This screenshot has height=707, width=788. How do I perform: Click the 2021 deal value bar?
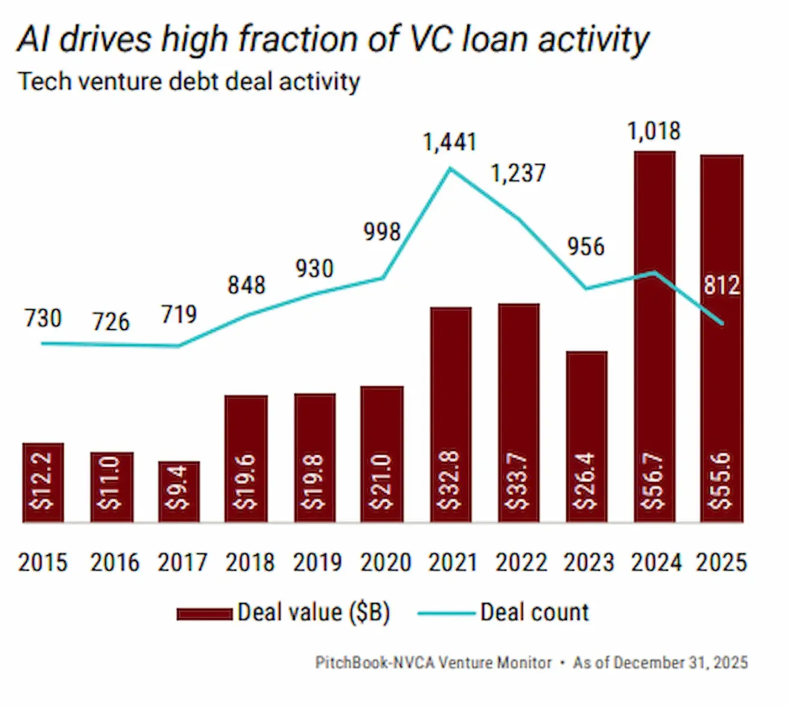(450, 414)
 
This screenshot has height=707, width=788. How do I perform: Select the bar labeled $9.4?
(179, 491)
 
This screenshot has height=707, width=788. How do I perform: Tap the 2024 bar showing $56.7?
(655, 336)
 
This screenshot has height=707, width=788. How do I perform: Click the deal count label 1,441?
(449, 142)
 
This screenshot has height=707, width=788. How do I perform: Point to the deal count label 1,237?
(518, 174)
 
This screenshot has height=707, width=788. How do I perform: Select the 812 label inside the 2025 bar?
(721, 285)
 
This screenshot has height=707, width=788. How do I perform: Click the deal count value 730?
(43, 318)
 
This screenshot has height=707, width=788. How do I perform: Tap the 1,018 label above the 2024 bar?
(654, 131)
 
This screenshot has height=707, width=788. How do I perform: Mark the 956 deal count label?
(586, 246)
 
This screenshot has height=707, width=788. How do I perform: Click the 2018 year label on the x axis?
(250, 563)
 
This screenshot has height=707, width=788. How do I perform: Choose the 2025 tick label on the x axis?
(721, 563)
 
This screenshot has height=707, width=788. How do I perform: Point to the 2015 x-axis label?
(43, 563)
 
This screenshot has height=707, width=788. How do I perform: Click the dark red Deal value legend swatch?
(204, 613)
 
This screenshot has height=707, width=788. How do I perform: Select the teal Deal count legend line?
(446, 613)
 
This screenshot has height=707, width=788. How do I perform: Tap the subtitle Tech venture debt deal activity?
(189, 82)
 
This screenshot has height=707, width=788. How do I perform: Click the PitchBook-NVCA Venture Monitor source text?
(433, 663)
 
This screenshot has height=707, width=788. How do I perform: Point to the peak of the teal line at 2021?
(450, 169)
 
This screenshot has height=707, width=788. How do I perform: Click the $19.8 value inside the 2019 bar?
(315, 481)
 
